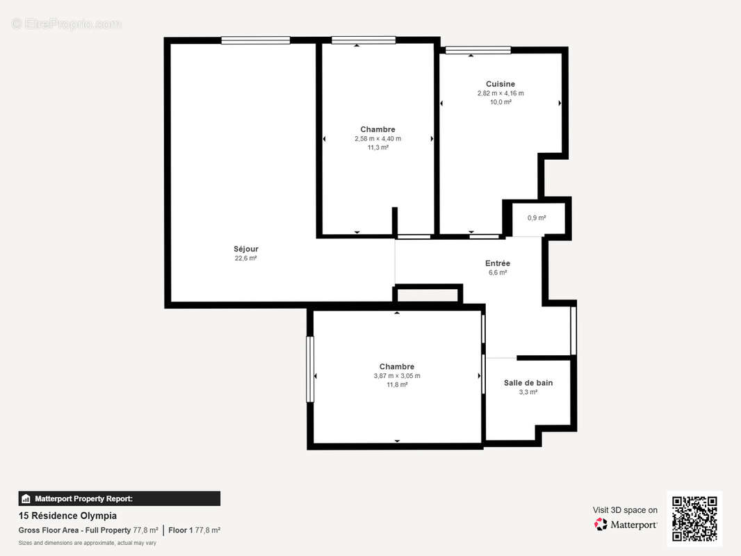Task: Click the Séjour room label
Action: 245,249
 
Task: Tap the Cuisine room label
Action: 500,84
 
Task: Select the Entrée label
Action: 498,263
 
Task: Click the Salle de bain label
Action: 528,383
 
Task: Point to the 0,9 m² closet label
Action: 537,218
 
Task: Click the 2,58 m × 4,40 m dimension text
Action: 377,138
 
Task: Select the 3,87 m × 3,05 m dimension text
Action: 397,376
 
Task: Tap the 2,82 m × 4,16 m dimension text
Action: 500,93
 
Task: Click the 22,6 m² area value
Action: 245,259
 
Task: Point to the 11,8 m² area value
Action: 397,384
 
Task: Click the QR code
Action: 694,518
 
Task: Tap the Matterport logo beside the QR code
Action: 626,525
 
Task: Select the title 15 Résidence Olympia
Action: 67,516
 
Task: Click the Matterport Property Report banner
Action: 119,498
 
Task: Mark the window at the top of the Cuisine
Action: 478,50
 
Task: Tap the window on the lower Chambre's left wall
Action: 310,369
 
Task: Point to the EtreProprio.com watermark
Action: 66,24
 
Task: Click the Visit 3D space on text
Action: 625,510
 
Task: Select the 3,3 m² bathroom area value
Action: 528,392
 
